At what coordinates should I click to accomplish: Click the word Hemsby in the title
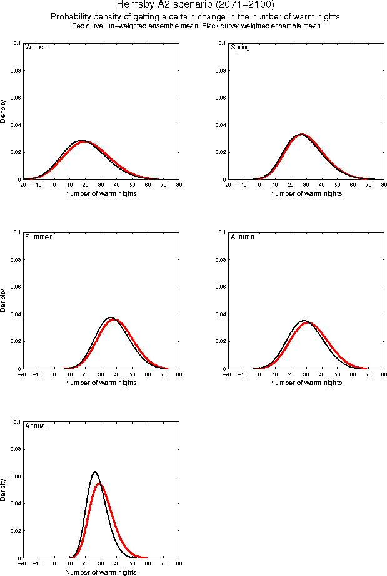pyautogui.click(x=133, y=4)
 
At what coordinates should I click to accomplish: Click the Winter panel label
pyautogui.click(x=35, y=48)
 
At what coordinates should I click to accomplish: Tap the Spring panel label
pyautogui.click(x=240, y=48)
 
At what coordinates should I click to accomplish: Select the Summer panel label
pyautogui.click(x=38, y=237)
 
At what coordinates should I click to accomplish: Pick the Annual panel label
pyautogui.click(x=36, y=426)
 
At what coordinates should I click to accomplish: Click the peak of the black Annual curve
pyautogui.click(x=95, y=472)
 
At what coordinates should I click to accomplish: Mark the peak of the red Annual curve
pyautogui.click(x=99, y=484)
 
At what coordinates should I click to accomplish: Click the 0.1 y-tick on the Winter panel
pyautogui.click(x=16, y=43)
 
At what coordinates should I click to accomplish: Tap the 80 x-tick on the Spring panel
pyautogui.click(x=384, y=185)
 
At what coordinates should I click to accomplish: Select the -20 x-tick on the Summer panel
pyautogui.click(x=22, y=374)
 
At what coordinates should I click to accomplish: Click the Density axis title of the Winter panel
pyautogui.click(x=4, y=111)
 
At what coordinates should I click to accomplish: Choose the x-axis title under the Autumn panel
pyautogui.click(x=306, y=383)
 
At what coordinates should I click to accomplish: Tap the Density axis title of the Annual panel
pyautogui.click(x=4, y=490)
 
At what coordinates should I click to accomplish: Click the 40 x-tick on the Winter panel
pyautogui.click(x=116, y=185)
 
